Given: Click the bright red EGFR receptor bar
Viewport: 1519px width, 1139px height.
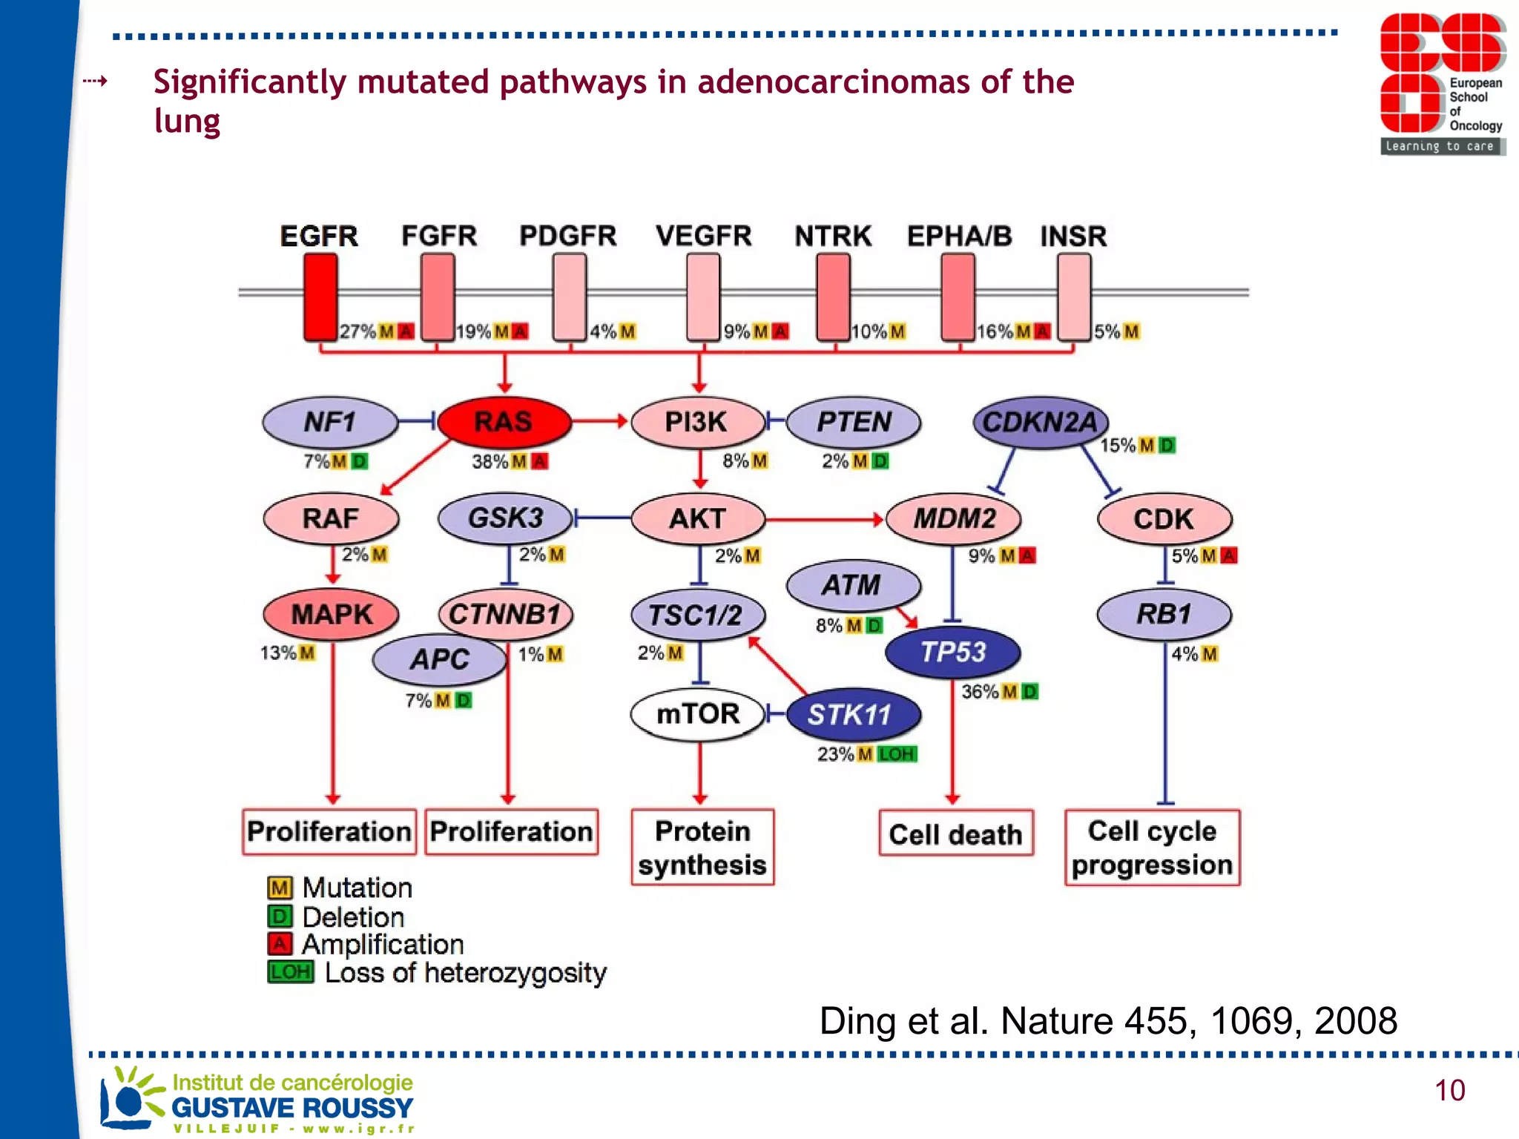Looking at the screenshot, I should tap(320, 297).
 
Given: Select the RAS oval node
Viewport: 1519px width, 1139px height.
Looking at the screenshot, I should tap(504, 422).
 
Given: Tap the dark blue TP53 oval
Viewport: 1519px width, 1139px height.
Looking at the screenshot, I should tap(953, 652).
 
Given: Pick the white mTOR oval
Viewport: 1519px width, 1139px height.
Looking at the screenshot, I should tap(697, 714).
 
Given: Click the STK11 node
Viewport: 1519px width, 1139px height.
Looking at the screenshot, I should tap(851, 715).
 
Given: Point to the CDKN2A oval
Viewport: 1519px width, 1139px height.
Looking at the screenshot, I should tap(1040, 423).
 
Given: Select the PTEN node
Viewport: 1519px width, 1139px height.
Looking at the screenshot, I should tap(854, 422).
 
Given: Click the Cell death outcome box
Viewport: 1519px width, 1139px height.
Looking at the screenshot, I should tap(955, 834).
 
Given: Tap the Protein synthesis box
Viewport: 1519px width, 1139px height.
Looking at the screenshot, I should tap(702, 848).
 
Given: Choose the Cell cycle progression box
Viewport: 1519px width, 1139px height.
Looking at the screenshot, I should tap(1152, 848).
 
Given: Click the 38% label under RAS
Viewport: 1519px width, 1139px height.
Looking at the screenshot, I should tap(490, 462).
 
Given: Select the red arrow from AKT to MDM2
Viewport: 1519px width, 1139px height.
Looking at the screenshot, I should tap(823, 519).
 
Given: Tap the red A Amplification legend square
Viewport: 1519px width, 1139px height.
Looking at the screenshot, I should tap(280, 944).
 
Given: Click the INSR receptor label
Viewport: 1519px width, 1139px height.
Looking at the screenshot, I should tap(1072, 237).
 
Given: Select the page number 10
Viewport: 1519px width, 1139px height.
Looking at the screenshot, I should tap(1449, 1091).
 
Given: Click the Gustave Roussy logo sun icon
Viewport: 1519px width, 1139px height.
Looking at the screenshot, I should tap(128, 1100).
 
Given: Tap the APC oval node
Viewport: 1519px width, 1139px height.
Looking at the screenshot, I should tap(440, 659).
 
